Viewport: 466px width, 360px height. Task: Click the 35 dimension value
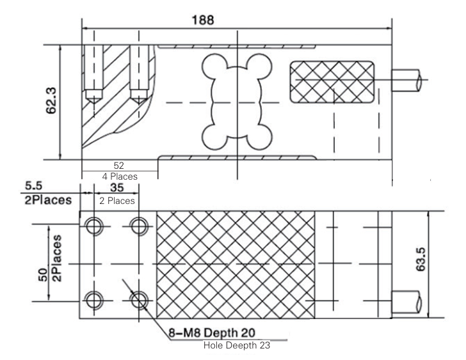pyautogui.click(x=117, y=189)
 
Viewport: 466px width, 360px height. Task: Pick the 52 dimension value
pyautogui.click(x=118, y=165)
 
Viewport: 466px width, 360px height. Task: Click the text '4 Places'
pyautogui.click(x=119, y=176)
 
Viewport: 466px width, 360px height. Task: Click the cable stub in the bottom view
pyautogui.click(x=408, y=299)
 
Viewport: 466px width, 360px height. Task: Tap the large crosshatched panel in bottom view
pyautogui.click(x=236, y=263)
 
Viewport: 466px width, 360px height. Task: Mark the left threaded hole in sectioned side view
pyautogui.click(x=93, y=67)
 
